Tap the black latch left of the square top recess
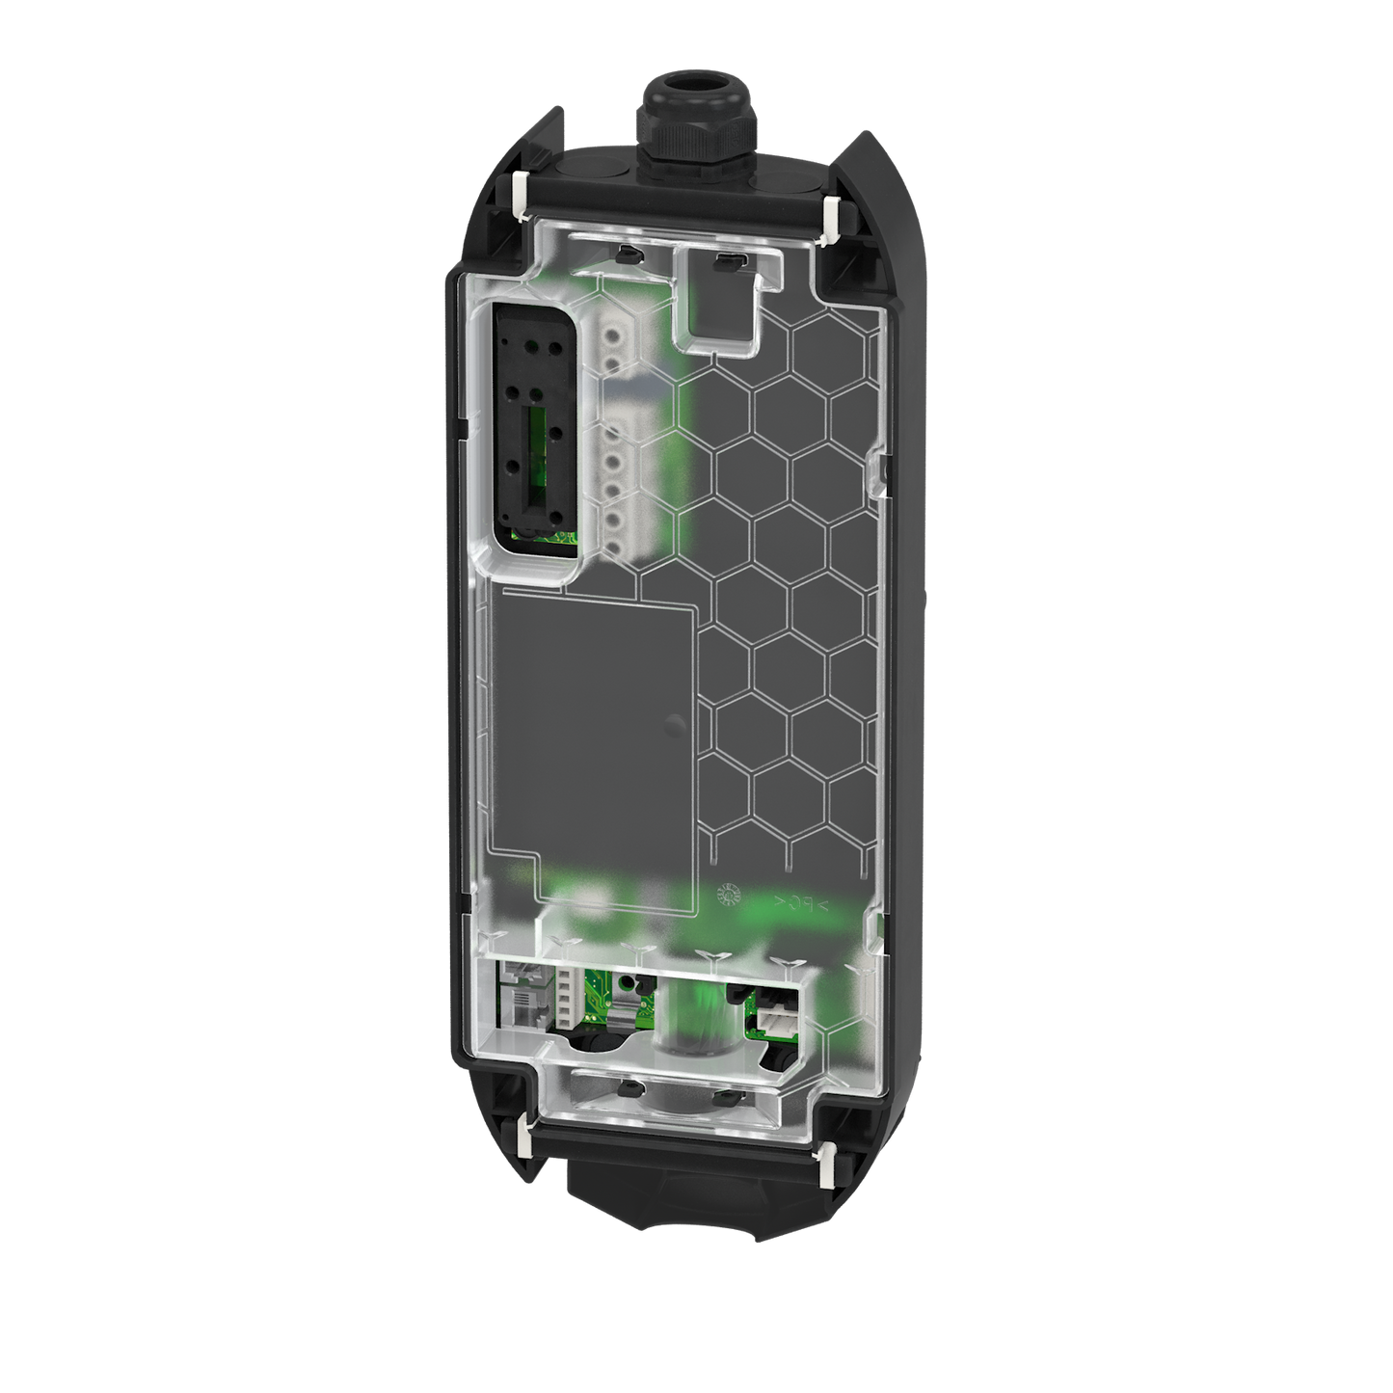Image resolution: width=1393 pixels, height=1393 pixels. coord(624,254)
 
